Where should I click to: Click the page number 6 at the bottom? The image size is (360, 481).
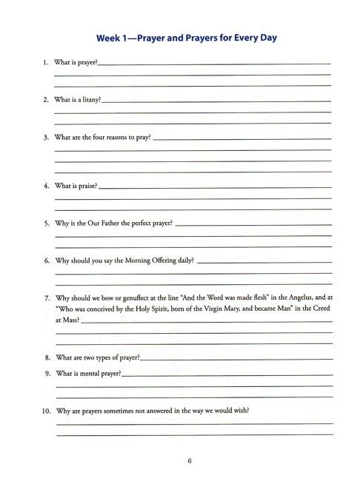pyautogui.click(x=190, y=462)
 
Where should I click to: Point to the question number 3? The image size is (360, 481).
pyautogui.click(x=46, y=138)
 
